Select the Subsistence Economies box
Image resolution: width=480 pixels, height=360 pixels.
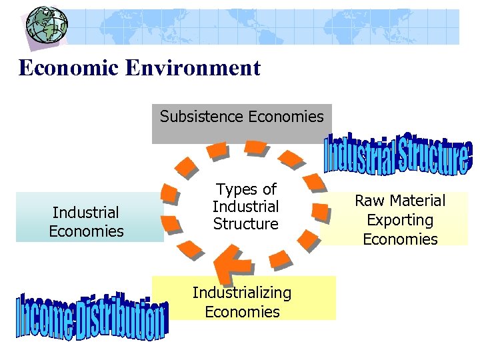point(241,124)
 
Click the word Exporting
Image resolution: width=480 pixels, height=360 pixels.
point(400,220)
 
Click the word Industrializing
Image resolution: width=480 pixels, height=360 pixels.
point(242,293)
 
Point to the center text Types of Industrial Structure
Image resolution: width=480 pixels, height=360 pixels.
point(246,207)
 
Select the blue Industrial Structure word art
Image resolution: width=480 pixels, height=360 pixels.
point(398,153)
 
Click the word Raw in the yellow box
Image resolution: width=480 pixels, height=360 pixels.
point(370,201)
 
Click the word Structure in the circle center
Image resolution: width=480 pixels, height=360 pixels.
point(246,224)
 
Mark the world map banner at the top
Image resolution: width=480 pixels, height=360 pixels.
point(267,27)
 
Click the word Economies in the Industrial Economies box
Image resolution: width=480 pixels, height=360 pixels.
point(86,231)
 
